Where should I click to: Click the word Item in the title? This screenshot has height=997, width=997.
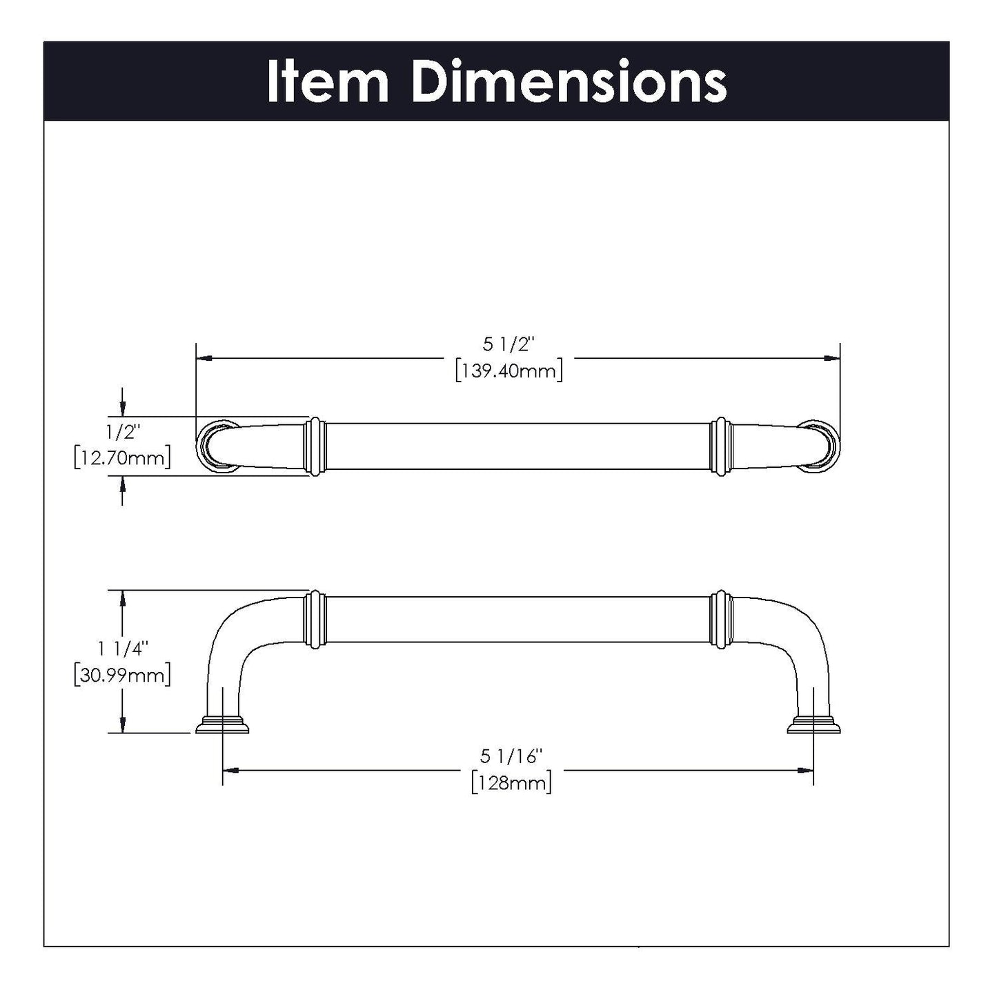(x=328, y=82)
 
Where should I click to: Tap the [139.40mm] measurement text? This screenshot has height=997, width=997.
(x=509, y=371)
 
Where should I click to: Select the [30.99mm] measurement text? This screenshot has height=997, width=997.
(x=122, y=674)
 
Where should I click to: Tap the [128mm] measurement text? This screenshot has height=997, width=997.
(x=512, y=783)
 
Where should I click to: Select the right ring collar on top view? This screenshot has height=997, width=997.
(x=721, y=446)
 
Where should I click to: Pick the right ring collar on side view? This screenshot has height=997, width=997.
(x=721, y=619)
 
